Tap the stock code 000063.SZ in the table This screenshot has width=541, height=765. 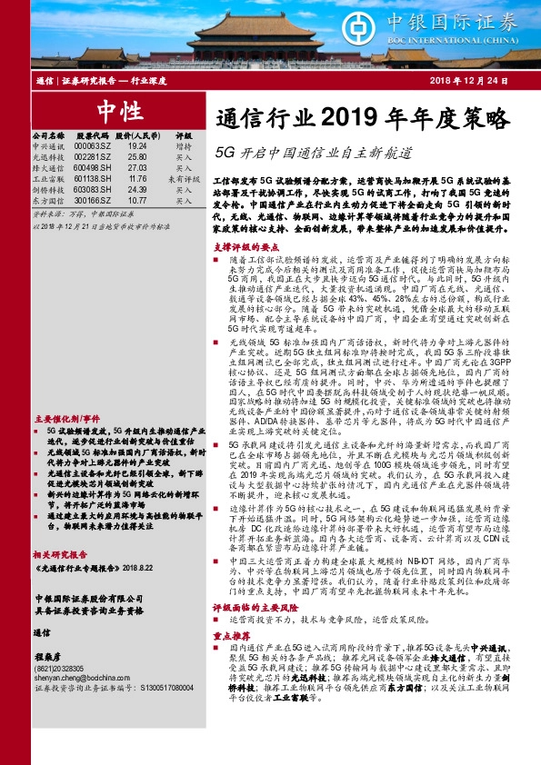[x=93, y=145]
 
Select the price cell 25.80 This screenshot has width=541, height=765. [x=137, y=156]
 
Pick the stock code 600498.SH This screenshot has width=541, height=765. [x=93, y=167]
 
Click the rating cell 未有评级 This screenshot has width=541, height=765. [x=184, y=179]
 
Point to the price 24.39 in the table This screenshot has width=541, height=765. [x=137, y=190]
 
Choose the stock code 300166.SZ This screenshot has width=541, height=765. [x=93, y=201]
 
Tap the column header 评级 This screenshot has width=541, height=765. [x=184, y=134]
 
